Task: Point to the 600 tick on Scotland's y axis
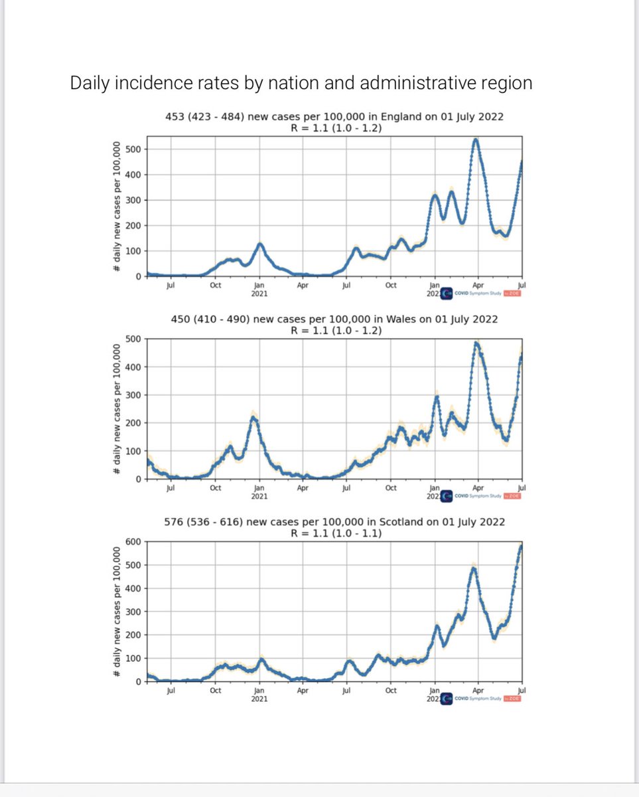(133, 542)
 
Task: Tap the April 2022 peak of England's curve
(476, 139)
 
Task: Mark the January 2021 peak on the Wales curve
(253, 417)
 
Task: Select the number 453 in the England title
(175, 117)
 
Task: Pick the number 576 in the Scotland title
(174, 522)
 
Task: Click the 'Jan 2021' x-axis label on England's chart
(259, 290)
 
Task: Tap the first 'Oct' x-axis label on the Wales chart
(215, 488)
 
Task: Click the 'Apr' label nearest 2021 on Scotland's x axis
(303, 691)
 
